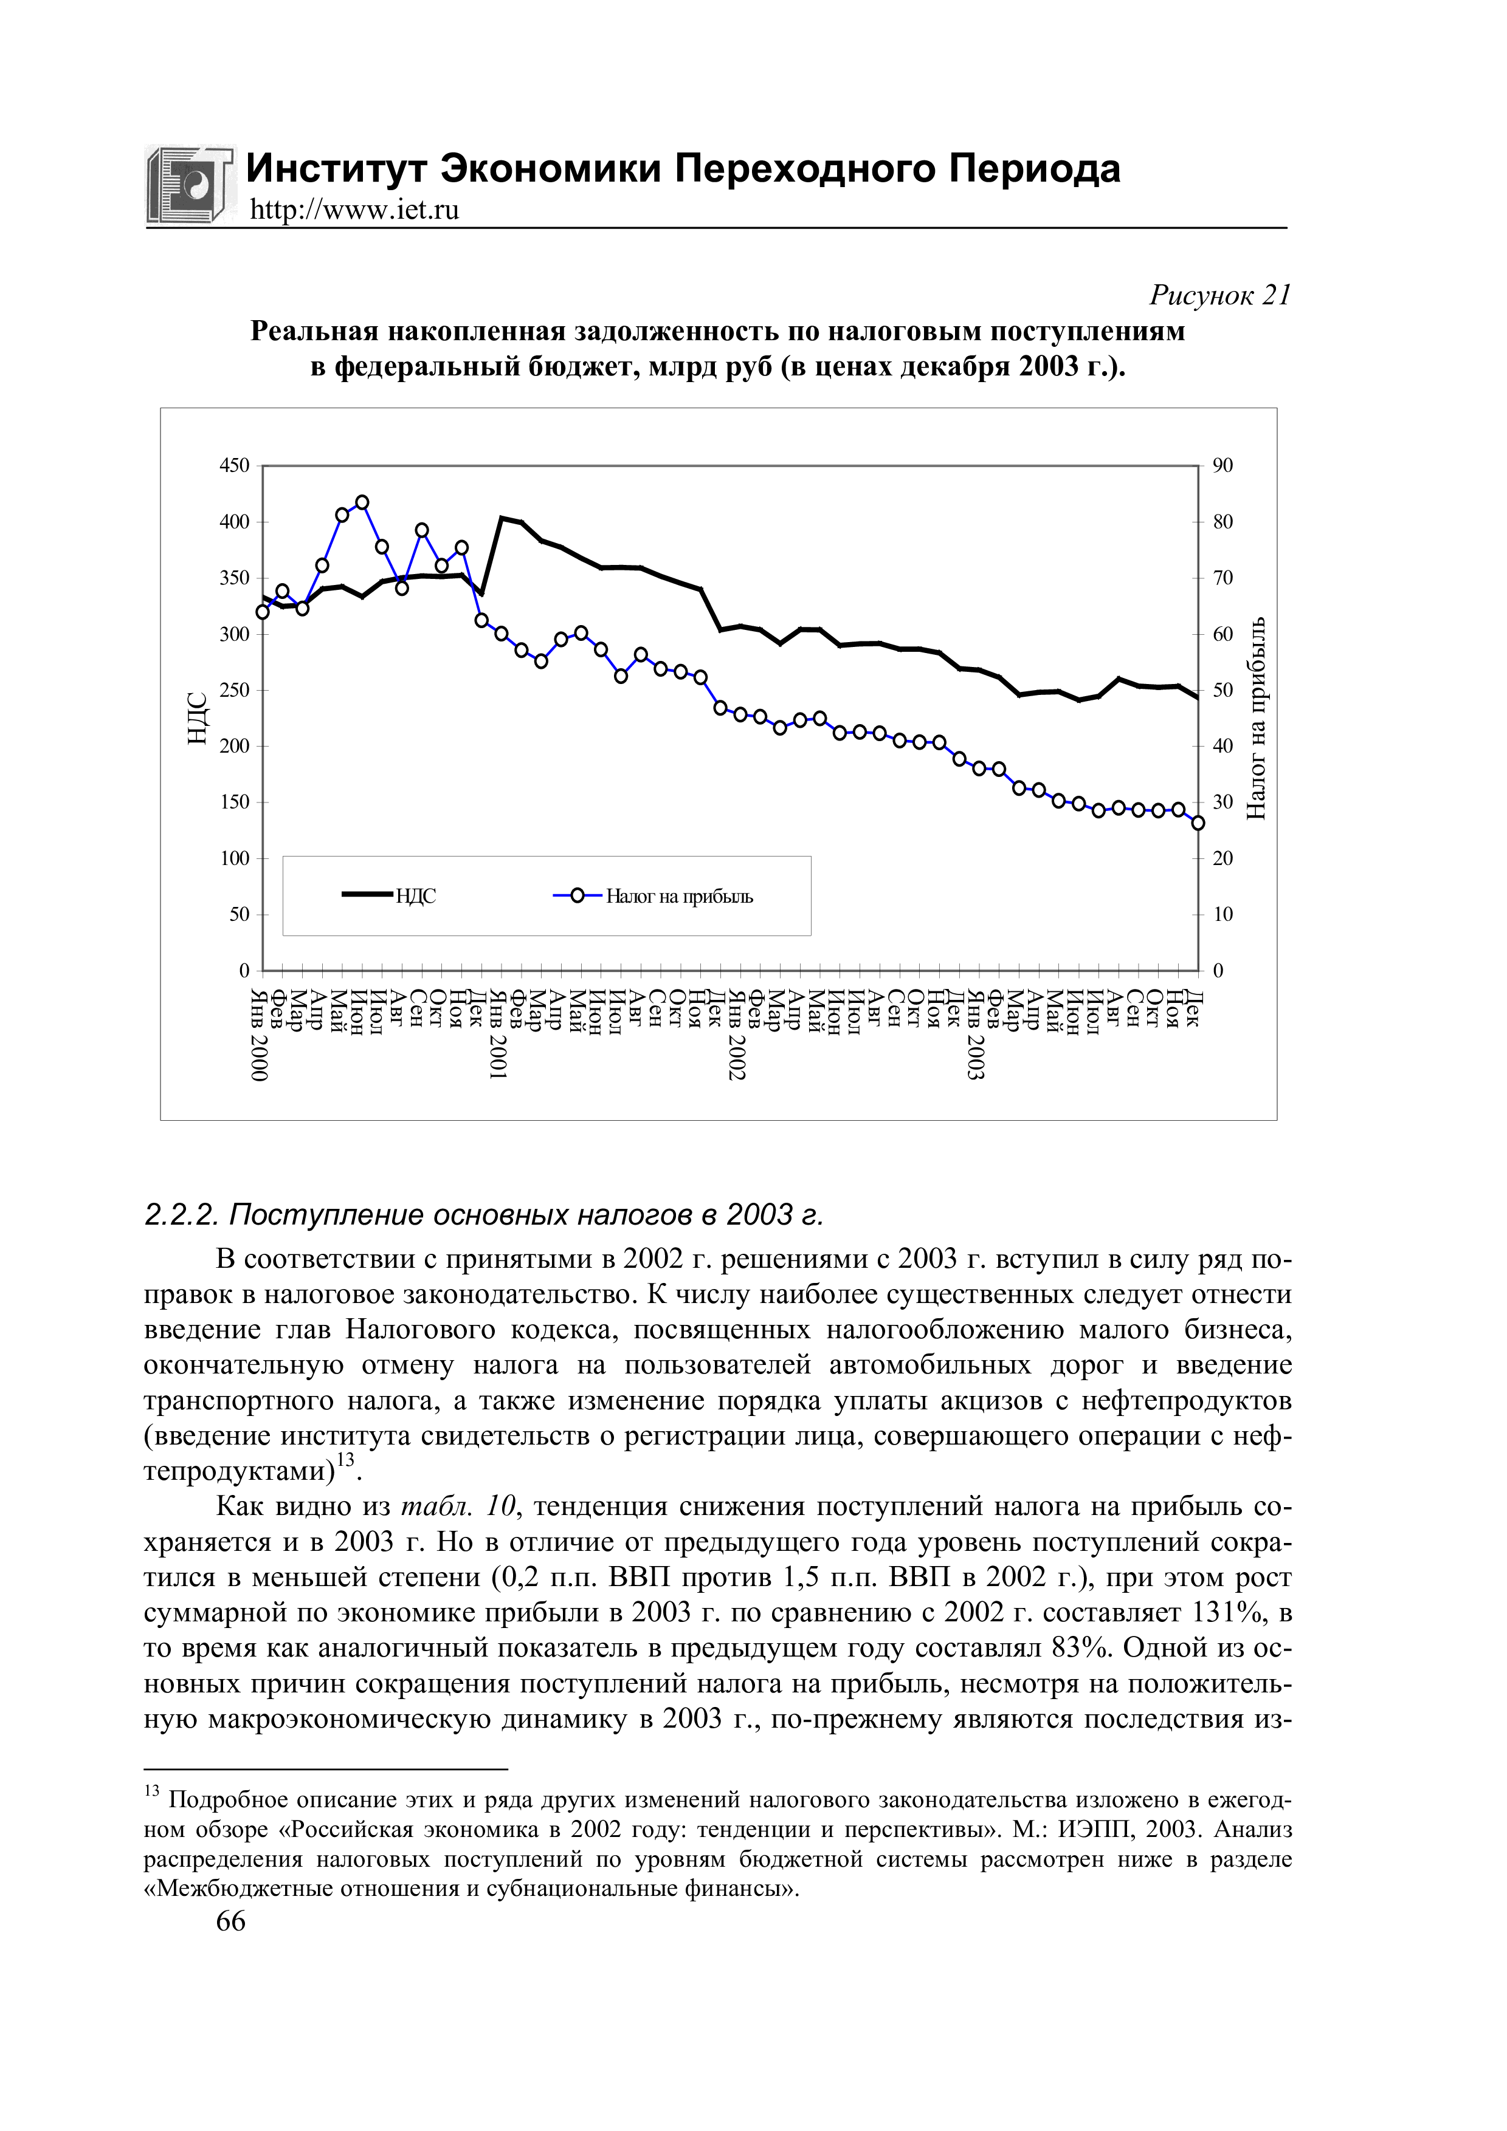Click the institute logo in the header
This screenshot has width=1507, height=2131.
(190, 185)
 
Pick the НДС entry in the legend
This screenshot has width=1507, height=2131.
(390, 897)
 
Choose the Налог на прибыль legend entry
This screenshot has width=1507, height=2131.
(653, 897)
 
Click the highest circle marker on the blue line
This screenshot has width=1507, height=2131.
(362, 503)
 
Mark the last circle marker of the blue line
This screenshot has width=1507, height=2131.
(1198, 823)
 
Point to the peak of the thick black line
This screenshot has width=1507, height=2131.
(502, 518)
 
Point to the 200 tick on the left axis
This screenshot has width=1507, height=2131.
(234, 746)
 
